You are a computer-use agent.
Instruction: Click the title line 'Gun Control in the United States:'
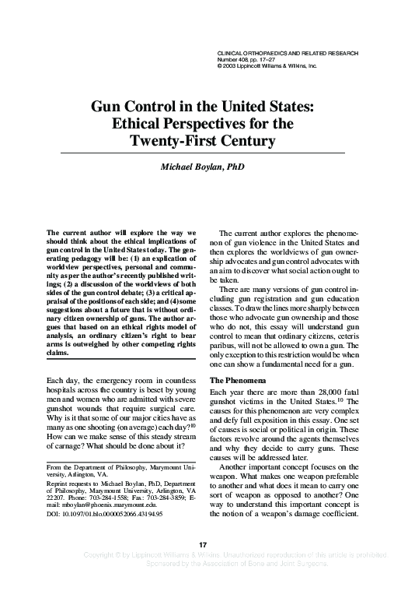[204, 108]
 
